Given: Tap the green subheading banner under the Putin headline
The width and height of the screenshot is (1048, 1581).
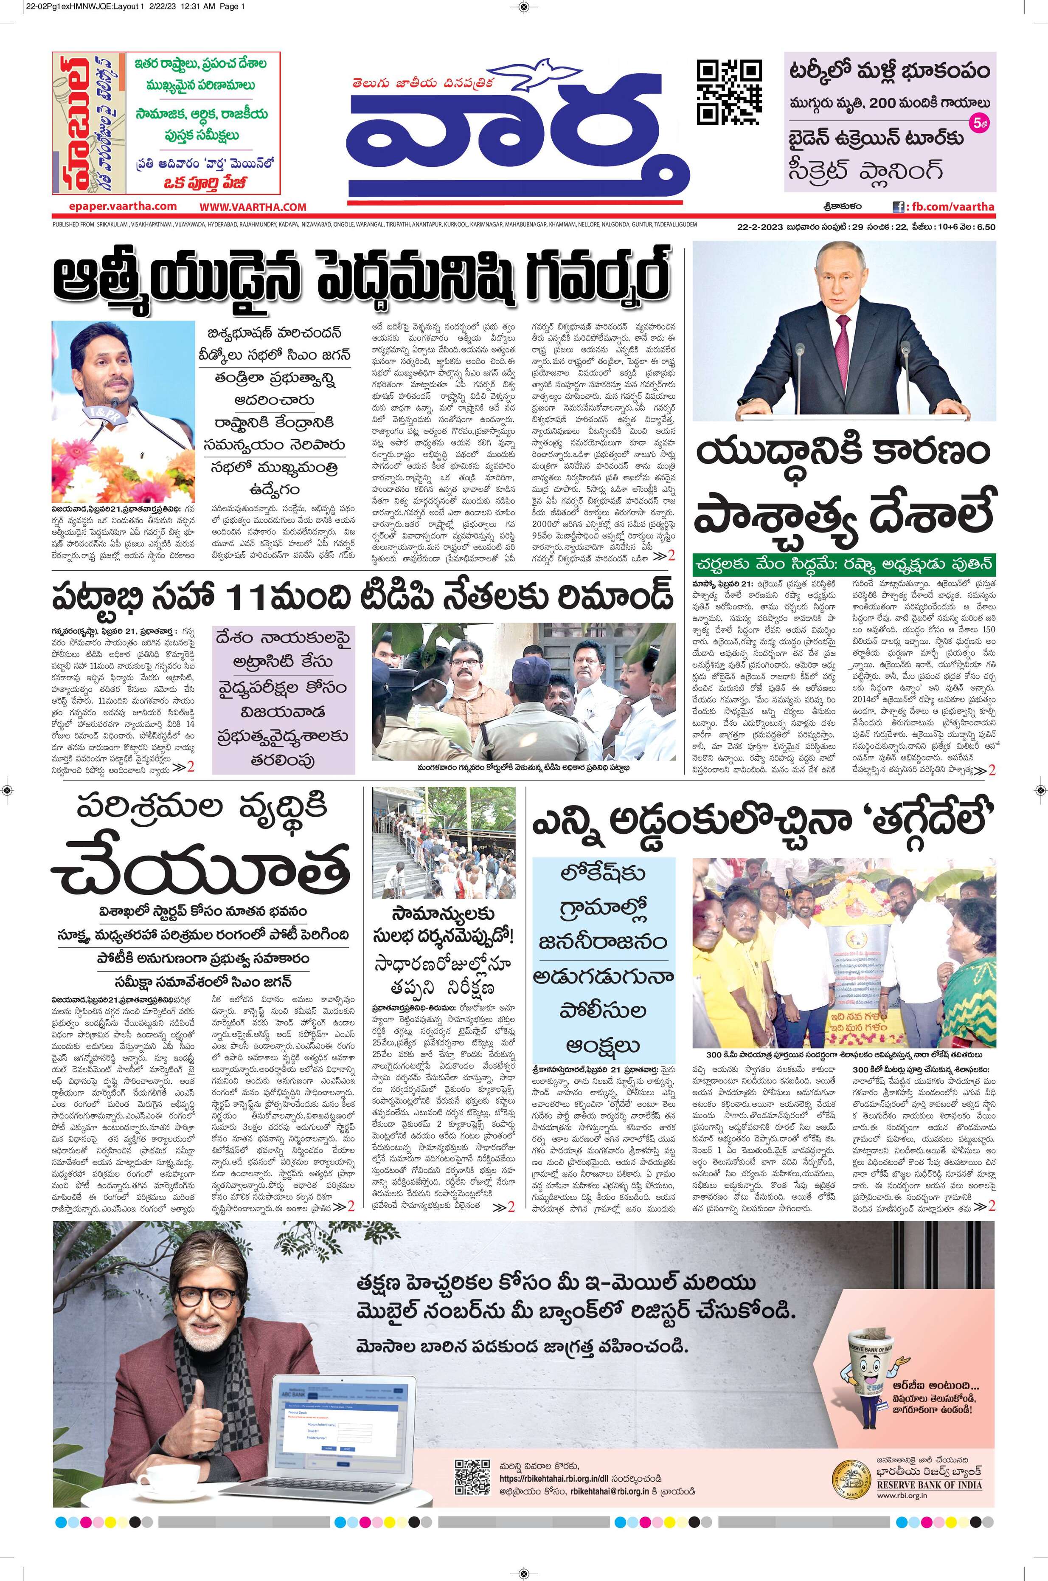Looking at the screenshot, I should click(x=843, y=563).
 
